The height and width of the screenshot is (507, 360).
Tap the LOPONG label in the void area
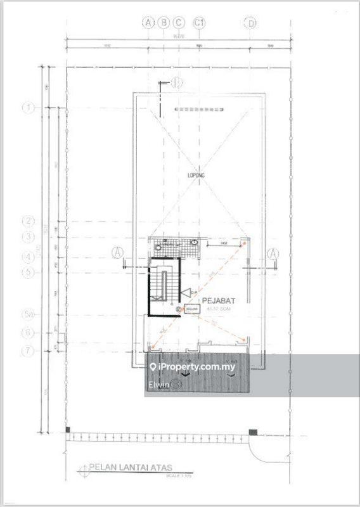coord(194,174)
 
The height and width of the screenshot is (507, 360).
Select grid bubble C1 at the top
coord(201,23)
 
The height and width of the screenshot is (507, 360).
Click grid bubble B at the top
coord(164,23)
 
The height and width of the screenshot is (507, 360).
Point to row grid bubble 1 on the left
coord(28,108)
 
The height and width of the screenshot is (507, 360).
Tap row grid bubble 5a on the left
coord(28,314)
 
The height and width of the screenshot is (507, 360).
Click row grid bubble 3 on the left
coord(28,237)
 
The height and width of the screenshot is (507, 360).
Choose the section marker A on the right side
coord(273,253)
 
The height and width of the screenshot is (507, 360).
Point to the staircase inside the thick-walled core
coord(164,287)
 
